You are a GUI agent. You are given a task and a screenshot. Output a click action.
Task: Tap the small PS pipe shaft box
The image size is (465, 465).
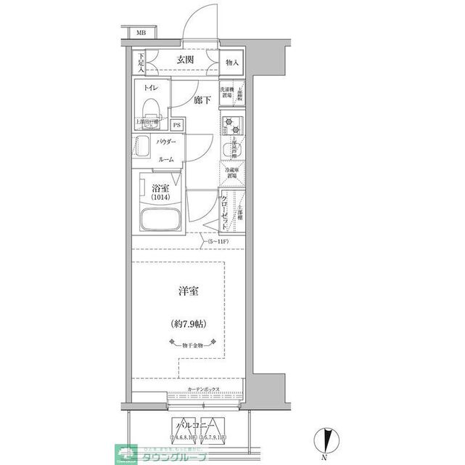[x=177, y=125]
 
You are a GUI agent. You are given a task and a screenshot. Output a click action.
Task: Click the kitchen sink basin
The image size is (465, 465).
[x=230, y=151]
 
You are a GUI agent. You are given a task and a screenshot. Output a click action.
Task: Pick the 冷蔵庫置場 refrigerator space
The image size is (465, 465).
[x=230, y=173]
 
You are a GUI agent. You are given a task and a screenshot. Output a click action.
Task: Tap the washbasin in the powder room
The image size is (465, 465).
[x=140, y=148]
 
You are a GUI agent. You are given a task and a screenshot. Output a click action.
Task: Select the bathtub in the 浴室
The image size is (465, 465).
[x=158, y=220]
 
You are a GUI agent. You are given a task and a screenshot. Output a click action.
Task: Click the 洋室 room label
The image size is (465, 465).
[x=189, y=291]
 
